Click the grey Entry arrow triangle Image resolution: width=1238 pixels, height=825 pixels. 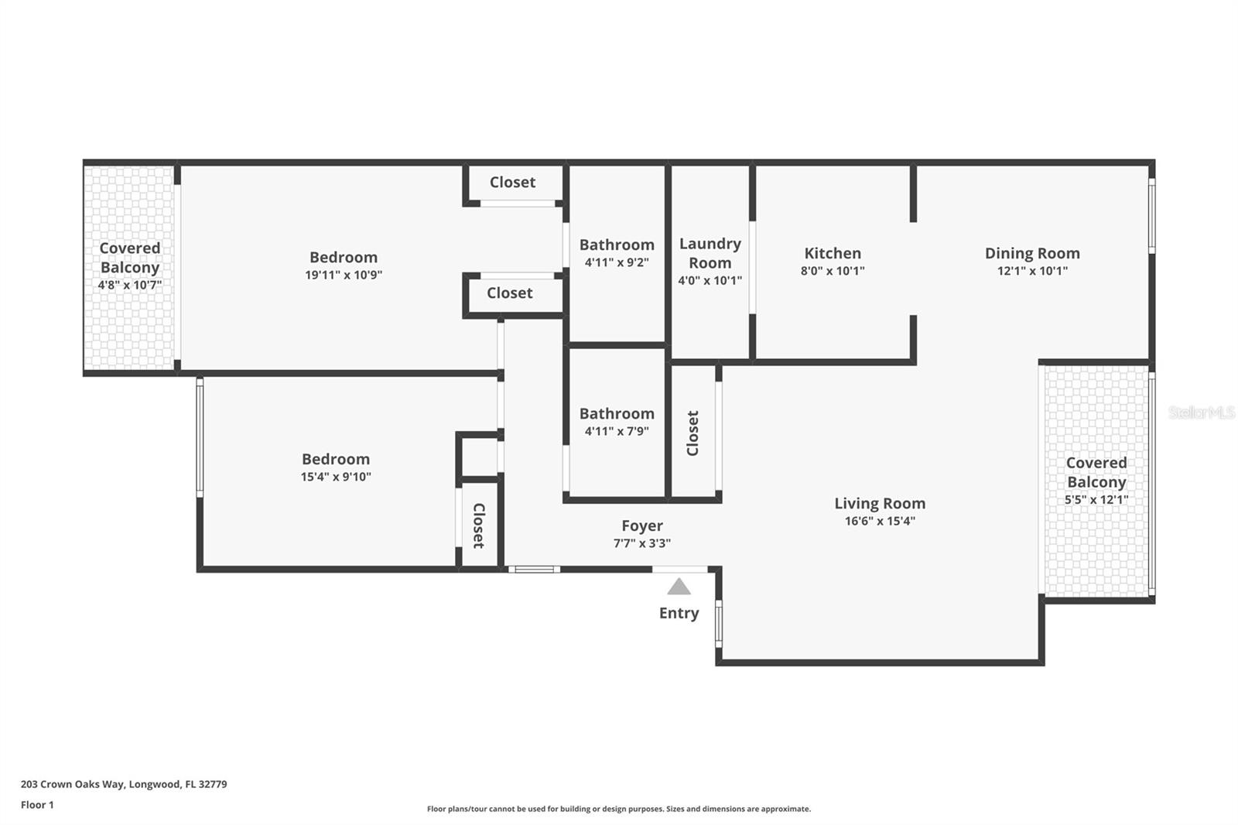coord(679,587)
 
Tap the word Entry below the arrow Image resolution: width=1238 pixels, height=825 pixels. coord(679,613)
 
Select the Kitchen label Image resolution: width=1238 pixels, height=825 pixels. coord(833,253)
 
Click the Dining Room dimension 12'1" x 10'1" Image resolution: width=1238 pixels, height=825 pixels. coord(1032,271)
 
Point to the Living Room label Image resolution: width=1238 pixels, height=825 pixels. coord(880,503)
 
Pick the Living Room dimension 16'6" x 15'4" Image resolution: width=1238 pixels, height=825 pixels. coord(880,521)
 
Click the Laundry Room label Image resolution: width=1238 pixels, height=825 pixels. coord(710,253)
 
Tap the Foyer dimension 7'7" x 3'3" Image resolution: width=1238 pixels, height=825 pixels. coord(642,543)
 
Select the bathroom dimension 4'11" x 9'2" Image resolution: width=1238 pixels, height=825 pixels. coord(617,262)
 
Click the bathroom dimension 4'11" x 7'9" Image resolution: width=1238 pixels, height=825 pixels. coord(617,431)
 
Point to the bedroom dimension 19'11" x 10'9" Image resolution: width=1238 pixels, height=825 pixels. coord(344,275)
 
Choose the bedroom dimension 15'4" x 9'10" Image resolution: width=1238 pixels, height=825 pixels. coord(336,477)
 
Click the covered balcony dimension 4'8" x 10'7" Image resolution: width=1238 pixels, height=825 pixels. coord(130,286)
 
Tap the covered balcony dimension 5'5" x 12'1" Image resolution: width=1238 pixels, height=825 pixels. coord(1096,500)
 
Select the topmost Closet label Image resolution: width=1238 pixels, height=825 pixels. coord(512,183)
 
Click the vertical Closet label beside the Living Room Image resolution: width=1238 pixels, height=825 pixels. coord(693,433)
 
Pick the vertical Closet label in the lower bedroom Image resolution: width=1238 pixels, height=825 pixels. coord(479,525)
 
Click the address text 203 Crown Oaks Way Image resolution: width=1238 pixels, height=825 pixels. coord(73,784)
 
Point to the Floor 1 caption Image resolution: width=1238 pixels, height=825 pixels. coord(38,805)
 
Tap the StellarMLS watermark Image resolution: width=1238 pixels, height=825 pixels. coord(1202,412)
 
